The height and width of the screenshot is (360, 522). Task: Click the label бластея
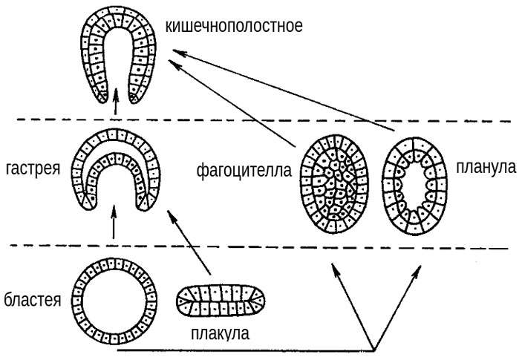click(33, 299)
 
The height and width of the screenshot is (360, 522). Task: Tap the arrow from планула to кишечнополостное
click(282, 89)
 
